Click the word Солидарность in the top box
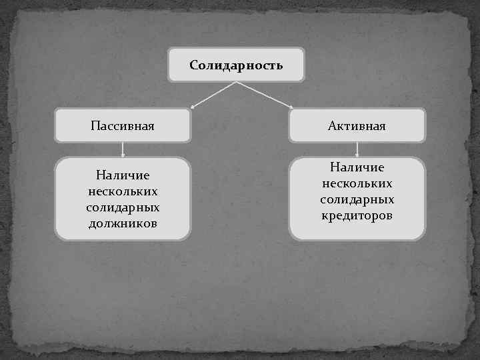coord(236,65)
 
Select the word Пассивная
coord(123,125)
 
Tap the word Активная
coord(357,125)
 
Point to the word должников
coord(123,223)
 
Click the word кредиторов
coord(357,216)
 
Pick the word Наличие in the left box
coord(123,175)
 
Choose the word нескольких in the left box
coord(123,191)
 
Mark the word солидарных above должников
coord(123,207)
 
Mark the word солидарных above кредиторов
coord(357,200)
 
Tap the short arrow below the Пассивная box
coord(123,150)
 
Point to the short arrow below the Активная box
coord(357,150)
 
